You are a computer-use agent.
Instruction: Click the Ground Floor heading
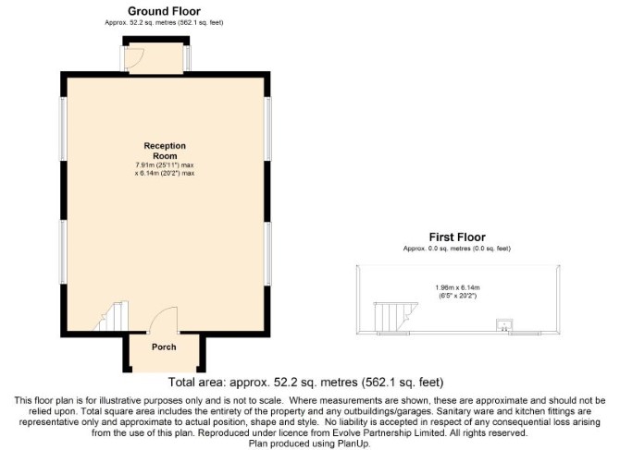(x=164, y=11)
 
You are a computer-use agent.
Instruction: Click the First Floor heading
(x=457, y=237)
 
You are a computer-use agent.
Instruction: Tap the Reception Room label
(x=165, y=151)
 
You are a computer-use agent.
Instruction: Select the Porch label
(x=164, y=347)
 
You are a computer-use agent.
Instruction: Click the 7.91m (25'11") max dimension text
(x=165, y=165)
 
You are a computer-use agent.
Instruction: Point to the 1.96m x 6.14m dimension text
(x=457, y=287)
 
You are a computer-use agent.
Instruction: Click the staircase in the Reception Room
(x=113, y=316)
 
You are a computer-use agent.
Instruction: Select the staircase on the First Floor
(x=395, y=317)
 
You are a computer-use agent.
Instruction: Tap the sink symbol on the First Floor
(x=504, y=325)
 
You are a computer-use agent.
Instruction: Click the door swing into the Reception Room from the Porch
(x=163, y=320)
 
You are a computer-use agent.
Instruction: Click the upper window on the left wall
(x=63, y=128)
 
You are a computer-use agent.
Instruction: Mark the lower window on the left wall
(x=63, y=251)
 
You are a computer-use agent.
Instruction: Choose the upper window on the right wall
(x=267, y=128)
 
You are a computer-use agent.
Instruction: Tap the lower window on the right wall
(x=267, y=253)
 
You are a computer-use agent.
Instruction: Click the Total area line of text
(x=305, y=383)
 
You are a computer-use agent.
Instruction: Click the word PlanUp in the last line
(x=353, y=444)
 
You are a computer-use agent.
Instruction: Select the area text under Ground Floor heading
(x=164, y=22)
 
